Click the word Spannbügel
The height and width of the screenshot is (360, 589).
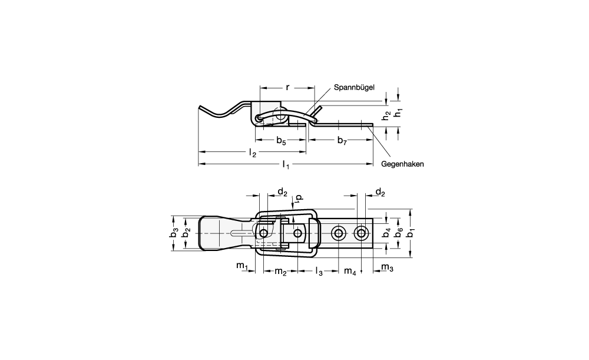pos(354,88)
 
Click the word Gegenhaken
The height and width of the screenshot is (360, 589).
pos(402,164)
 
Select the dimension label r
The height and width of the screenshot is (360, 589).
pos(288,88)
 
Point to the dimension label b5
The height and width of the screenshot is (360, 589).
pos(282,141)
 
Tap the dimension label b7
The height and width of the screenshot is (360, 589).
pos(342,141)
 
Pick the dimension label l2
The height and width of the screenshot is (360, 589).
pos(253,153)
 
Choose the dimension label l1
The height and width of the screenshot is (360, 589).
pos(286,164)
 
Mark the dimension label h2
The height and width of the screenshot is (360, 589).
pos(386,115)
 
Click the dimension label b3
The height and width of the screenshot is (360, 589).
pos(174,233)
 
